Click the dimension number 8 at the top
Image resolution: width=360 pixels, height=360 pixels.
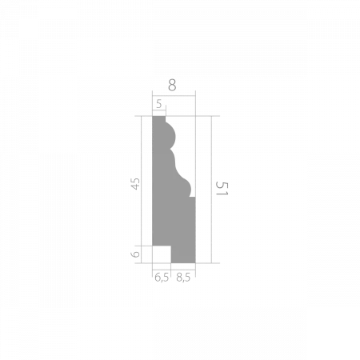173,83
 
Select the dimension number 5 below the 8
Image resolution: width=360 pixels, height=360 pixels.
159,104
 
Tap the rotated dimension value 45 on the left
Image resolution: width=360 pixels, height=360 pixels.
135,182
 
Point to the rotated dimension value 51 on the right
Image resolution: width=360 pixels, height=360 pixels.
222,189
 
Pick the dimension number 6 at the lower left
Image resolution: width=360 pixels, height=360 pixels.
136,253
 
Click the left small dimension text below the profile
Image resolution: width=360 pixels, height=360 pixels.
162,276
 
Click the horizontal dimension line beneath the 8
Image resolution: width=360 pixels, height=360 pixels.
173,94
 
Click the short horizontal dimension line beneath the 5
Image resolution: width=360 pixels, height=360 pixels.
158,111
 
